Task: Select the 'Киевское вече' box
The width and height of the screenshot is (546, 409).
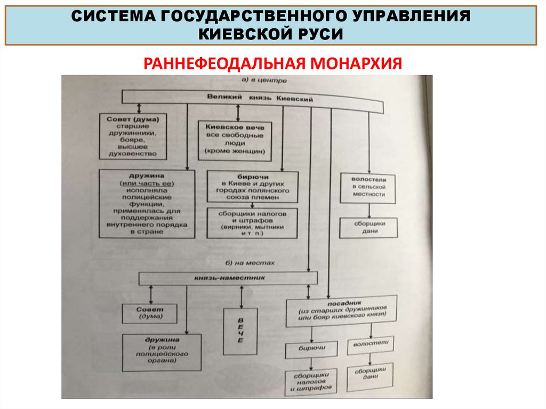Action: [x=235, y=140]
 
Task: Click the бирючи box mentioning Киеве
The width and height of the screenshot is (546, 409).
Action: [x=252, y=186]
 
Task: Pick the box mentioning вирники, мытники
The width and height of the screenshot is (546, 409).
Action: [x=252, y=222]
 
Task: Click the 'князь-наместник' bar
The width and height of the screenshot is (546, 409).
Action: [x=228, y=278]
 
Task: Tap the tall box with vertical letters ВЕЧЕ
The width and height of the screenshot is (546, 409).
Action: [x=240, y=331]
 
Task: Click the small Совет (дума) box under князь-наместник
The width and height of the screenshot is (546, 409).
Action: [x=143, y=313]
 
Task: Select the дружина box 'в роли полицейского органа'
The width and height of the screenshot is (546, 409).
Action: [x=162, y=352]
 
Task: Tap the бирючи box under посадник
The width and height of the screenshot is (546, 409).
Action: [x=311, y=349]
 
